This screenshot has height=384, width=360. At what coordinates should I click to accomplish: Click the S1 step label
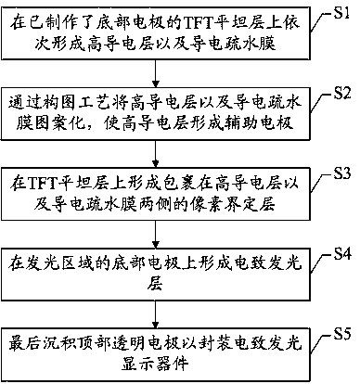click(x=341, y=13)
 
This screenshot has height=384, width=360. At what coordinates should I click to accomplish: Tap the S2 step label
click(x=341, y=94)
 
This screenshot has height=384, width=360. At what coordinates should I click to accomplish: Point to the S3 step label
click(x=341, y=173)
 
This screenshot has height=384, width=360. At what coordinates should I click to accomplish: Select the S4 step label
click(x=342, y=254)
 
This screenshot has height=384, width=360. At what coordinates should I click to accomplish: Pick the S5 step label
click(x=341, y=334)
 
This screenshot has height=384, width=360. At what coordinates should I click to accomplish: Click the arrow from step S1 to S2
click(x=156, y=73)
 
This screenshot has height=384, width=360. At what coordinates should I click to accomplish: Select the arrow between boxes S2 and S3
click(x=156, y=154)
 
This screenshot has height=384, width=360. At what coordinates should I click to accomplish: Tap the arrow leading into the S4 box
click(x=156, y=235)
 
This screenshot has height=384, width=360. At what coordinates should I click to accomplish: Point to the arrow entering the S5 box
click(x=156, y=314)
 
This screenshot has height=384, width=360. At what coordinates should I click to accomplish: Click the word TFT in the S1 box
click(x=196, y=22)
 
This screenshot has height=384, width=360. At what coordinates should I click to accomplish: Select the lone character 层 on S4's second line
click(x=155, y=284)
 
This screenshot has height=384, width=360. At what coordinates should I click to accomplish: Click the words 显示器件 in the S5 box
click(x=155, y=364)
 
